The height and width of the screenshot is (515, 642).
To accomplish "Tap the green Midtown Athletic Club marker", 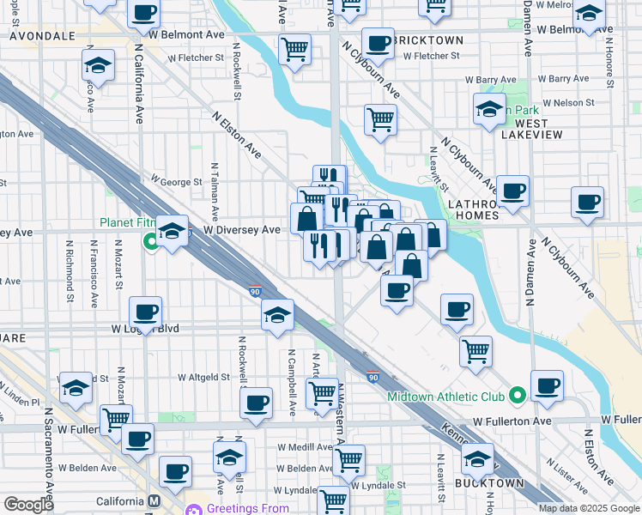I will click(x=517, y=396).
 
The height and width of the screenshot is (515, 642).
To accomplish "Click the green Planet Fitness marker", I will click(x=152, y=241).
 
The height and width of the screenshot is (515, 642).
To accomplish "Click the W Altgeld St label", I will click(x=204, y=377).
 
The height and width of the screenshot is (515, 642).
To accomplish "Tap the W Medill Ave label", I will click(x=305, y=448).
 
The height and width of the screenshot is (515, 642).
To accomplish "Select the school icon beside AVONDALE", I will click(x=99, y=66).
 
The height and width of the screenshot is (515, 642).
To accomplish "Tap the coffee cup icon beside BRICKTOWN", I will click(x=378, y=42).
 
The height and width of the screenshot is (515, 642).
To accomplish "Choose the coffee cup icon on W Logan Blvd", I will click(x=145, y=312).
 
